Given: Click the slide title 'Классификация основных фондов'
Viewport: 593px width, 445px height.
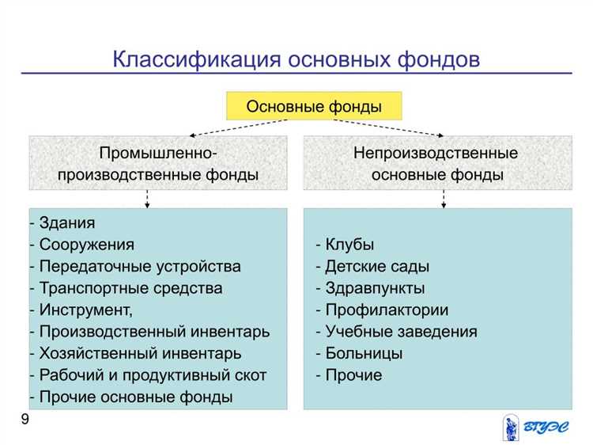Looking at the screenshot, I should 296,59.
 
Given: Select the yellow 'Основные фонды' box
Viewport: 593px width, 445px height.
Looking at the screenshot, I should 314,106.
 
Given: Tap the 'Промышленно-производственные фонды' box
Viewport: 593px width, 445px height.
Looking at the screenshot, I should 158,163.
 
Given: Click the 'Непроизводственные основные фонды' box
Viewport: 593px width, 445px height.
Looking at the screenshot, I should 437,163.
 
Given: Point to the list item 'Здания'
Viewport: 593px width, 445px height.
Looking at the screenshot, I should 66,223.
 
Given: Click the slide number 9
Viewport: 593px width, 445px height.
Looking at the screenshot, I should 25,420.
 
